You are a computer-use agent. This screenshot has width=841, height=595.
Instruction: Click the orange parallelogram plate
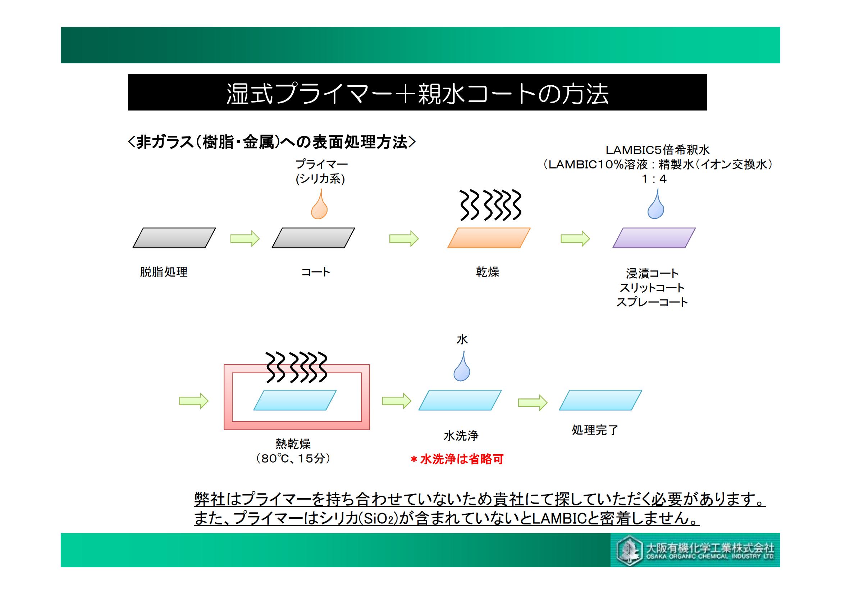(489, 238)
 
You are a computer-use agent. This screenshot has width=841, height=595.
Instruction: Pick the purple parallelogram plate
(654, 238)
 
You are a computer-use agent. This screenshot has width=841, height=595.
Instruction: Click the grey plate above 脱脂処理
(174, 238)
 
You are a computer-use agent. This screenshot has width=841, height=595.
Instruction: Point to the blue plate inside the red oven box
(295, 400)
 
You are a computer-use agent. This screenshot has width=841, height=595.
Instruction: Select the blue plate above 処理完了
(600, 400)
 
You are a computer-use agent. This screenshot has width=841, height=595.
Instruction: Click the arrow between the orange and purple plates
(575, 239)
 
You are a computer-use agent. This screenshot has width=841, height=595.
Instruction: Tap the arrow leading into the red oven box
(194, 401)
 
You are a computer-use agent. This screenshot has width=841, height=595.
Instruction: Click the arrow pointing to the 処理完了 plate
(533, 402)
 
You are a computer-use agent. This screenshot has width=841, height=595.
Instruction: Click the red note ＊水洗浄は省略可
(457, 459)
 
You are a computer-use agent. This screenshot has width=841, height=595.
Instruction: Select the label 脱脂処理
(164, 272)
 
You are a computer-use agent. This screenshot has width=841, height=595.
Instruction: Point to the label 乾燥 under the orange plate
(488, 272)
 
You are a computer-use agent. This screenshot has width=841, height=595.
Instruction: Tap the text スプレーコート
(652, 302)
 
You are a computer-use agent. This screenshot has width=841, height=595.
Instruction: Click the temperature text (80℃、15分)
(293, 459)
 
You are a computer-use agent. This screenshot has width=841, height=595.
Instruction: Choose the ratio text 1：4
(654, 179)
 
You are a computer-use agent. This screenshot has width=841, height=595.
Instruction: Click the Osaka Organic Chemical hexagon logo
(630, 551)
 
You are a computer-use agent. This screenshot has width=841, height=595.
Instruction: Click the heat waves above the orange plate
(490, 205)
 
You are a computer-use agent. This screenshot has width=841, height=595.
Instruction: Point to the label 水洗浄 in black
(461, 436)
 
